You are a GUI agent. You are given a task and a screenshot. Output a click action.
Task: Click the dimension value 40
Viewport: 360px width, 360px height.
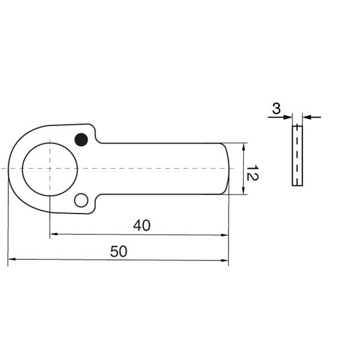tap(142, 226)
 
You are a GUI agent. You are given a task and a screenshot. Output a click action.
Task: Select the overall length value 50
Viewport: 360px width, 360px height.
tap(119, 252)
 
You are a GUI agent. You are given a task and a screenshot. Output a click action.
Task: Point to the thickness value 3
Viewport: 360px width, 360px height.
tap(276, 109)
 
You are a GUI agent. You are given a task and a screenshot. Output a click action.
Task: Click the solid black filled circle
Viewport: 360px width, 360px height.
tap(81, 140)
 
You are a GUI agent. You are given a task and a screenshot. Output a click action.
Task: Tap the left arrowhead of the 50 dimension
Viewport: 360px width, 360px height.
tap(11, 260)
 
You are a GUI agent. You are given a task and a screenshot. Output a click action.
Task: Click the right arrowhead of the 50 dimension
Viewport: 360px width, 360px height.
tap(225, 260)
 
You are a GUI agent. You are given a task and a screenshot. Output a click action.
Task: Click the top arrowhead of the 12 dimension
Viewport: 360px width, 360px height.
tap(244, 146)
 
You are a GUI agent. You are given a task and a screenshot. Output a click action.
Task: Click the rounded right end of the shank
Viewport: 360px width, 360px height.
tap(228, 169)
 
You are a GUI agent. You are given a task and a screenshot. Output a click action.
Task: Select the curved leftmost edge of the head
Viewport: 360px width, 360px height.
tap(8, 169)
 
